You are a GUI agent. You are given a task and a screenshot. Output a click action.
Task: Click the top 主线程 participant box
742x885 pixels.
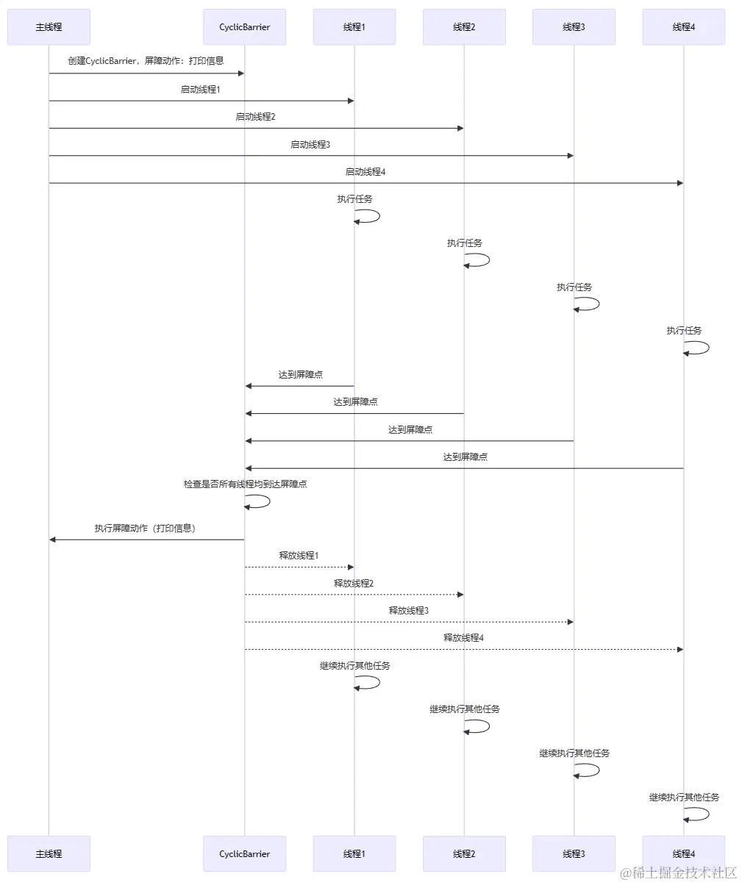[49, 27]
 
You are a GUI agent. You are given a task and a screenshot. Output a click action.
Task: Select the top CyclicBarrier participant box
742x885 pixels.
[244, 27]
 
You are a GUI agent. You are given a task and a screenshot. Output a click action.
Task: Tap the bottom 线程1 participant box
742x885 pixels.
[354, 853]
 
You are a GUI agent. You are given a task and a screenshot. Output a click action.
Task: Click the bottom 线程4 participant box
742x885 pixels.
[683, 853]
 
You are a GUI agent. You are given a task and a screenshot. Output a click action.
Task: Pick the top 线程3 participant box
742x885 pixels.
[574, 27]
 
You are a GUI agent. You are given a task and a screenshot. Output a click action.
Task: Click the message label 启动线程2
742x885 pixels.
[255, 117]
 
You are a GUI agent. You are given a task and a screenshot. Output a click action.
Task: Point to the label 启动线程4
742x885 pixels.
[365, 172]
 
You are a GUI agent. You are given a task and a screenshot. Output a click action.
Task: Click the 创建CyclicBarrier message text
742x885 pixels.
[146, 61]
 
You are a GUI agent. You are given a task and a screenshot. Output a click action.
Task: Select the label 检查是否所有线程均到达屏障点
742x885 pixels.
[245, 484]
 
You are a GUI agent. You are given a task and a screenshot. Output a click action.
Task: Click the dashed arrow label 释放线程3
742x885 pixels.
[408, 611]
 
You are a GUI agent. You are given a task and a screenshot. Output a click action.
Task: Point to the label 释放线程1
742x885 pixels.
[299, 556]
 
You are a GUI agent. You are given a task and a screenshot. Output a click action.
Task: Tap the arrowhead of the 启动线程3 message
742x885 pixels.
[569, 156]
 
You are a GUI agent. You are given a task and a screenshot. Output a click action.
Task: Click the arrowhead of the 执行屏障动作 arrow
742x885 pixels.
[53, 540]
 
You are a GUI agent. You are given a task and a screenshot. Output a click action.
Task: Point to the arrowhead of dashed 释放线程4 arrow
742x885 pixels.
[679, 649]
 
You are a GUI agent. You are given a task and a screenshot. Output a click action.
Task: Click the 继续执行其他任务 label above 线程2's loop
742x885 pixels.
[465, 709]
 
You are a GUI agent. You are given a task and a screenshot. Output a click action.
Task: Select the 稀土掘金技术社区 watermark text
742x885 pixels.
[677, 873]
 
